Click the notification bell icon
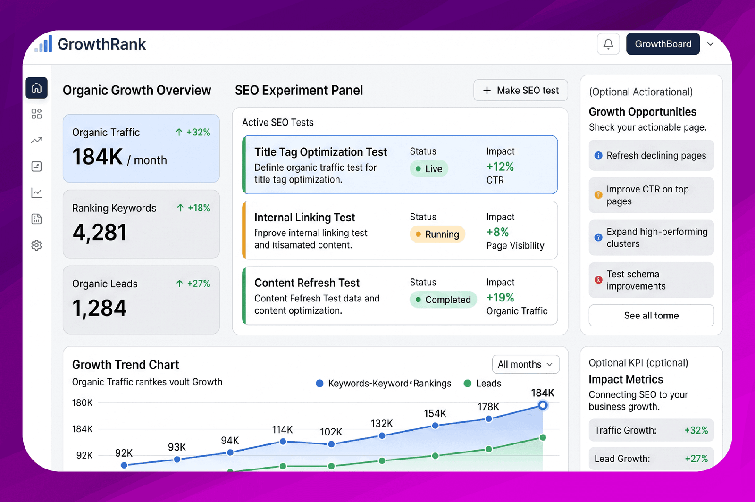[608, 44]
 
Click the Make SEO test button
[520, 90]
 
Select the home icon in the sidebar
[36, 88]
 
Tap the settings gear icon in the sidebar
[36, 245]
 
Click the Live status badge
[429, 169]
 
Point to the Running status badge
[437, 234]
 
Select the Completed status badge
[443, 300]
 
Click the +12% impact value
[500, 167]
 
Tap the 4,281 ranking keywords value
[100, 233]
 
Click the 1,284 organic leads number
[100, 308]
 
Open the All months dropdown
[526, 364]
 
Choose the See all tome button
[651, 315]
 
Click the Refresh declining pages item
[651, 155]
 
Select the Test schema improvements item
[651, 280]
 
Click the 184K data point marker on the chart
[543, 405]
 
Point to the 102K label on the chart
[331, 432]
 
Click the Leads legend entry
[482, 384]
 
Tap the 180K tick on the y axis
[82, 402]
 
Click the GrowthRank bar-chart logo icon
[43, 44]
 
